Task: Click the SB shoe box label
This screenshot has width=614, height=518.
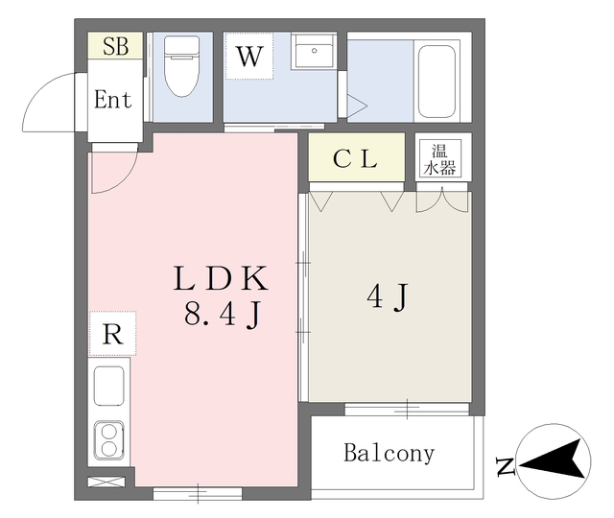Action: coord(115,46)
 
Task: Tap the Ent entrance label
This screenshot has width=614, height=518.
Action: coord(113,99)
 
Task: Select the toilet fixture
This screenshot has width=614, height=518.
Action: coord(182,66)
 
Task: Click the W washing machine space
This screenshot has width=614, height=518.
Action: coord(249,56)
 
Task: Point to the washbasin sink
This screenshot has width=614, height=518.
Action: coord(314,52)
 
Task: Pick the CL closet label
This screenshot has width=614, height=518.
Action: coord(356,158)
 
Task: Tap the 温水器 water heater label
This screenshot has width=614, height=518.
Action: coord(440,160)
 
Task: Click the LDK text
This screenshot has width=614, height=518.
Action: coord(221,278)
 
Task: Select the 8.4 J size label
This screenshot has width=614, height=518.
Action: coord(223,315)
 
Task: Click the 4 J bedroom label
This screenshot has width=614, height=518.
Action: coord(388,296)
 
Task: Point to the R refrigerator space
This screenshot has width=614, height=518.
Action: coord(113,334)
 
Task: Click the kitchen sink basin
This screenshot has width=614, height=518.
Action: coord(109,386)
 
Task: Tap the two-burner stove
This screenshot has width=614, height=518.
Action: coord(108,440)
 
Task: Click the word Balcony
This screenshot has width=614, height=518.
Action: coord(390,453)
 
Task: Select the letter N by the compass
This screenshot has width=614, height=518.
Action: coord(505,466)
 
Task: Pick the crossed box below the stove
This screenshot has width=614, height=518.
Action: coord(106,482)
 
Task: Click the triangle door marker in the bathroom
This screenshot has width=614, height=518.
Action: coord(356,106)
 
